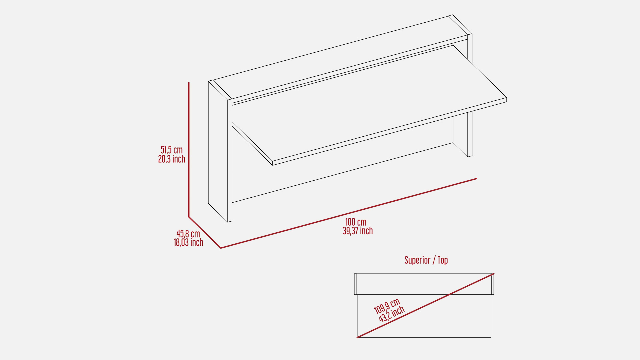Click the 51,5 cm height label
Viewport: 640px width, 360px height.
[172, 150]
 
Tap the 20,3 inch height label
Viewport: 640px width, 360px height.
[172, 159]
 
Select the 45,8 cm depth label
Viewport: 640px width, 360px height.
[188, 234]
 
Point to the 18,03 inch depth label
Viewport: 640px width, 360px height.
[188, 242]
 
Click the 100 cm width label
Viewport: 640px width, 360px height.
[356, 222]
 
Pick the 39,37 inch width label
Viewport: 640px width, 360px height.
[358, 231]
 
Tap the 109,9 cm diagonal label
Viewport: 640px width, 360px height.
[387, 306]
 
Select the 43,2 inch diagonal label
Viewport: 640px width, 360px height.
[392, 314]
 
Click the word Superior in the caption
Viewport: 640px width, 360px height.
[417, 260]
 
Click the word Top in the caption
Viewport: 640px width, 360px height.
[443, 260]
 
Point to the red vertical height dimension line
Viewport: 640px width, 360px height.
[189, 150]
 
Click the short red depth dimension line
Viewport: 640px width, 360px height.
[205, 232]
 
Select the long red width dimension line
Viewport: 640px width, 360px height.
[349, 213]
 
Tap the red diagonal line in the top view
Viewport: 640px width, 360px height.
[425, 306]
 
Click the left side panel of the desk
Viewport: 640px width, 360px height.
[220, 152]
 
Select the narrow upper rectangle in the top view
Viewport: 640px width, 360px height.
[424, 284]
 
